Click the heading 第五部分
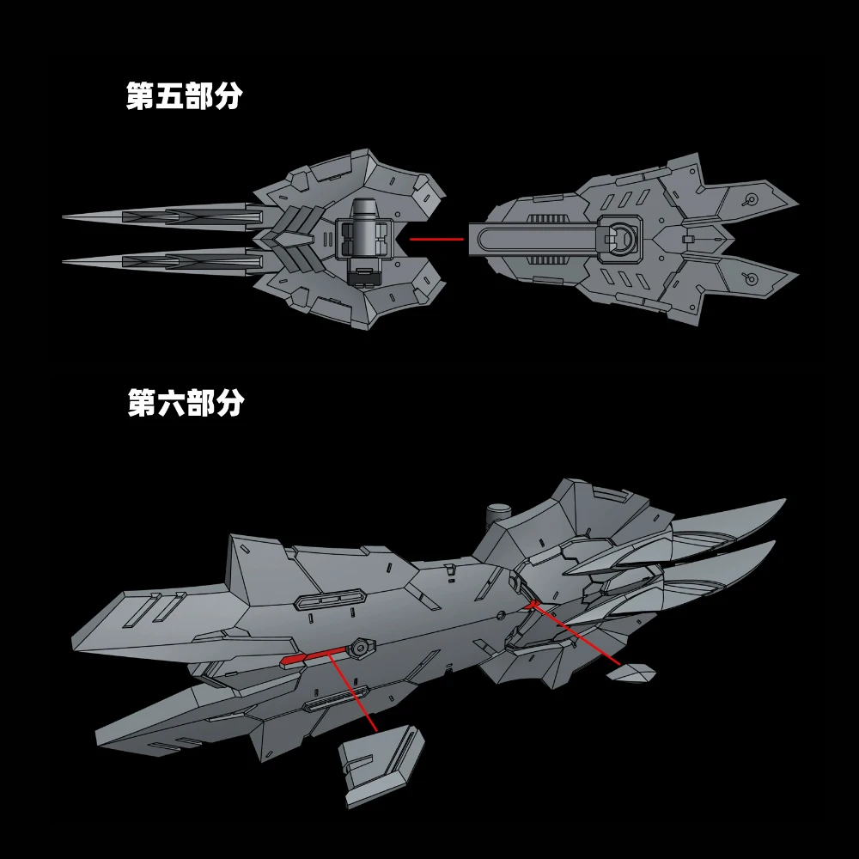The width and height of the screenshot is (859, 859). click(x=185, y=97)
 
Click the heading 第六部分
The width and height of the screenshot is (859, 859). click(x=185, y=402)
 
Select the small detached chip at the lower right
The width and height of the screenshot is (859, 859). click(x=631, y=673)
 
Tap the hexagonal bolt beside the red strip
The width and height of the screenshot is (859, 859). click(x=362, y=644)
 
